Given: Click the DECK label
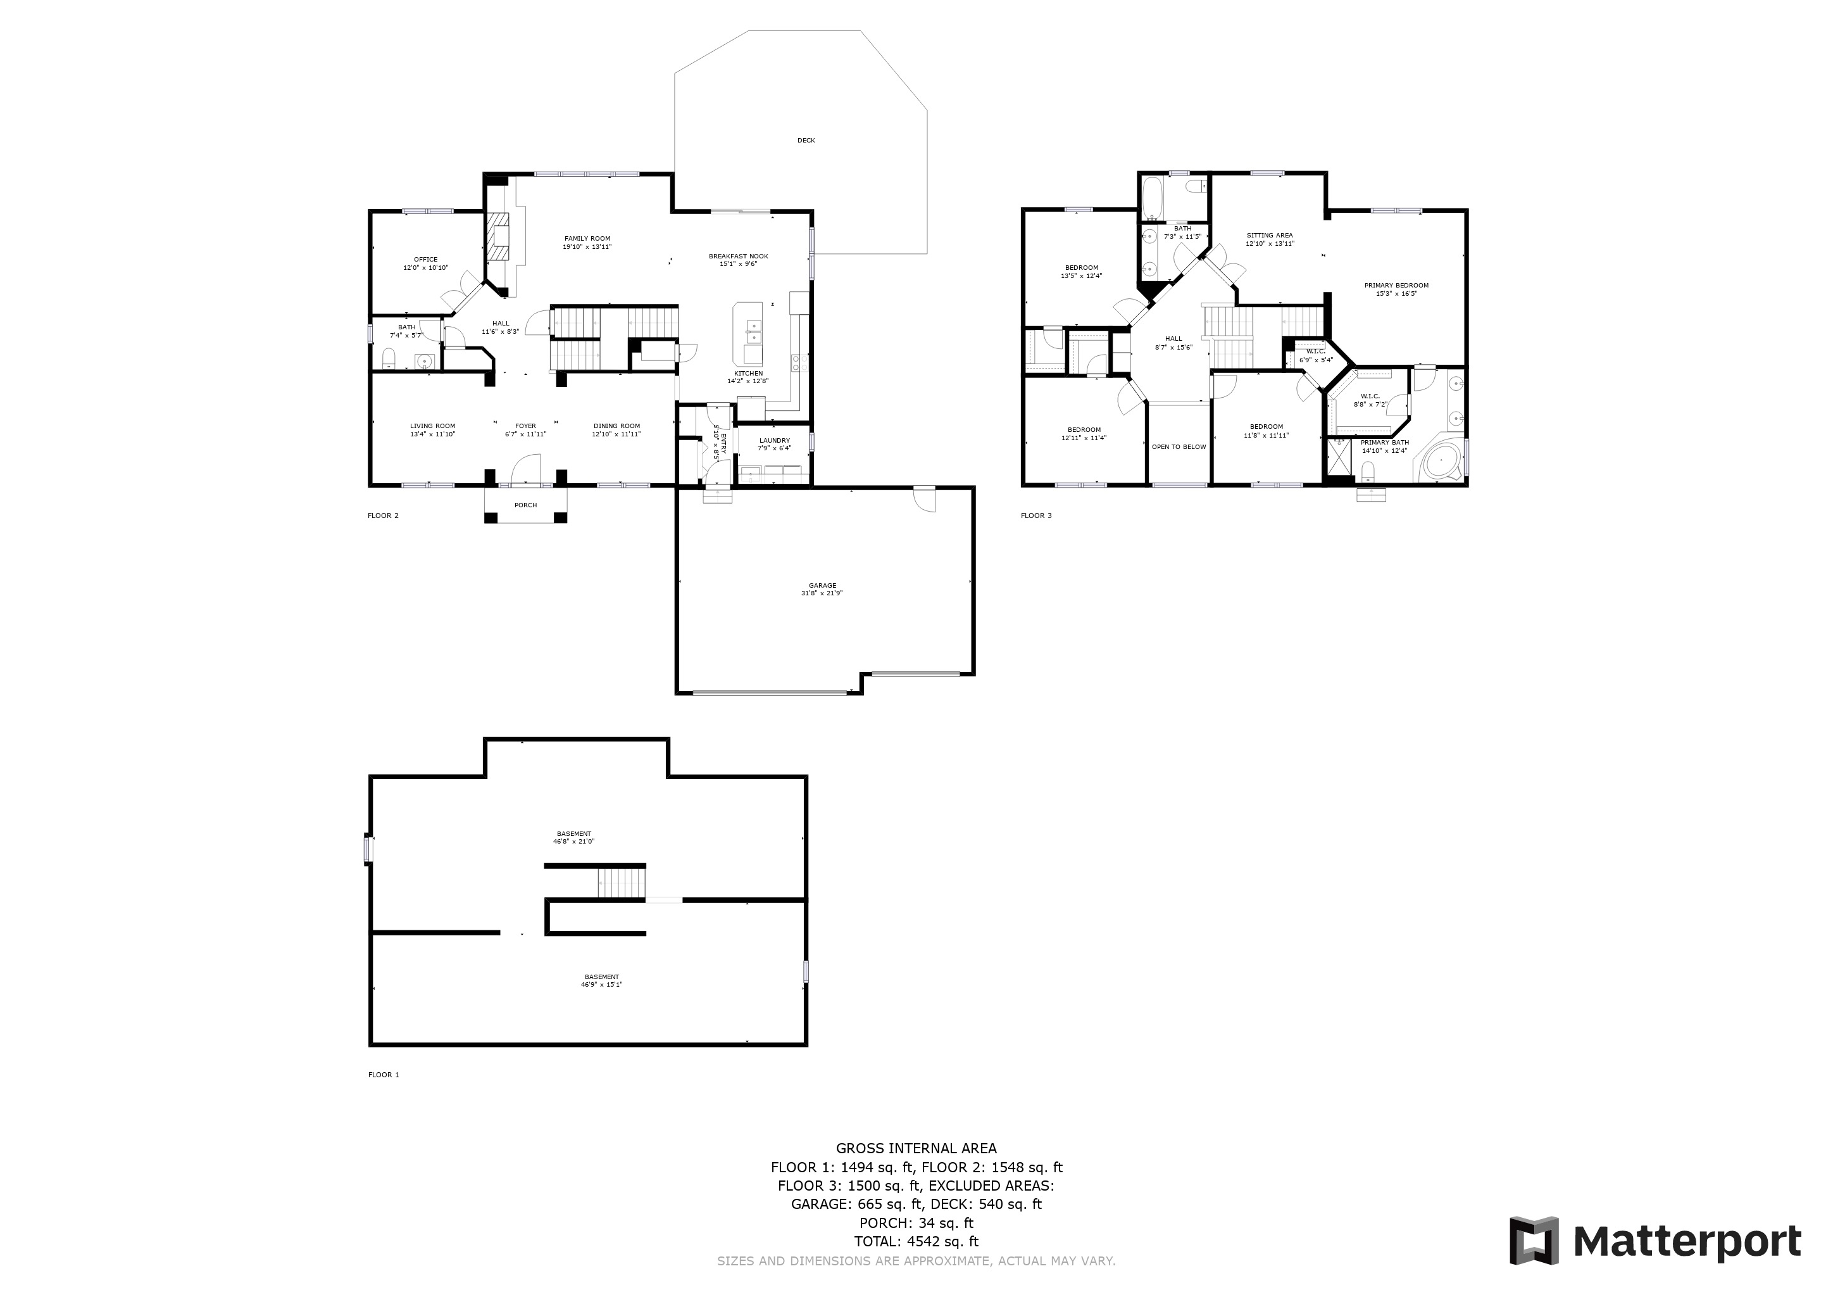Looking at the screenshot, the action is pyautogui.click(x=806, y=141).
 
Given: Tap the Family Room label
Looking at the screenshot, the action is pyautogui.click(x=587, y=239).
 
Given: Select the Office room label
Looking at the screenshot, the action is pyautogui.click(x=425, y=260).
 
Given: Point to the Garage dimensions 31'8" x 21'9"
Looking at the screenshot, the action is pyautogui.click(x=822, y=593).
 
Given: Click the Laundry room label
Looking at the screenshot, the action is pyautogui.click(x=774, y=440).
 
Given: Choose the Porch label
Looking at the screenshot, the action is pyautogui.click(x=525, y=505).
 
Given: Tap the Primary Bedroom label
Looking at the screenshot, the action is pyautogui.click(x=1396, y=285).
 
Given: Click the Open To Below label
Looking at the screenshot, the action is pyautogui.click(x=1179, y=447).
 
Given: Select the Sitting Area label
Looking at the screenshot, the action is pyautogui.click(x=1270, y=236).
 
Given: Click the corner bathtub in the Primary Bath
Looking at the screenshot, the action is pyautogui.click(x=1442, y=462).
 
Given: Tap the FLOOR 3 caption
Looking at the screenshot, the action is pyautogui.click(x=1035, y=516).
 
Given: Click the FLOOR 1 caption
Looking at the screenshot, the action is pyautogui.click(x=383, y=1075).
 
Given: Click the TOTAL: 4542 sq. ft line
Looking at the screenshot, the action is pyautogui.click(x=916, y=1242).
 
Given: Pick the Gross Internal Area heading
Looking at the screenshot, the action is pyautogui.click(x=916, y=1148).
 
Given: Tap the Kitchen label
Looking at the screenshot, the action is pyautogui.click(x=748, y=374).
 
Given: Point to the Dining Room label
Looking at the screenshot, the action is pyautogui.click(x=616, y=426).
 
